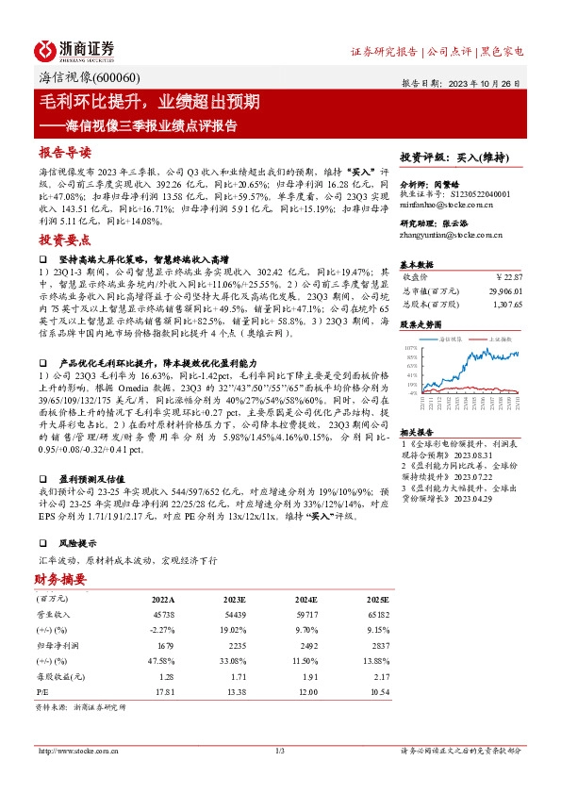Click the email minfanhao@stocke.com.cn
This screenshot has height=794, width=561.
[x=441, y=203]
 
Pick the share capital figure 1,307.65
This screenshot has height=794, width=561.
[x=503, y=306]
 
